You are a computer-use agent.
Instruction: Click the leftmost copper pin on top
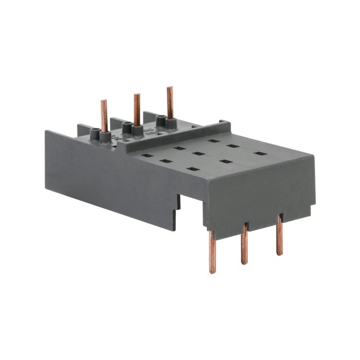(104, 116)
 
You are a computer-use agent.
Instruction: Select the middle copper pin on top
(137, 109)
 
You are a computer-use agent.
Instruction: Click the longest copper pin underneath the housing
(212, 252)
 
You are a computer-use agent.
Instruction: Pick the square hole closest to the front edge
(193, 169)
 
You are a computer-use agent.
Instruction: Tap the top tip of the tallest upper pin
(169, 88)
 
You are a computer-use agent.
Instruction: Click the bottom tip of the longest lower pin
(212, 272)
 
